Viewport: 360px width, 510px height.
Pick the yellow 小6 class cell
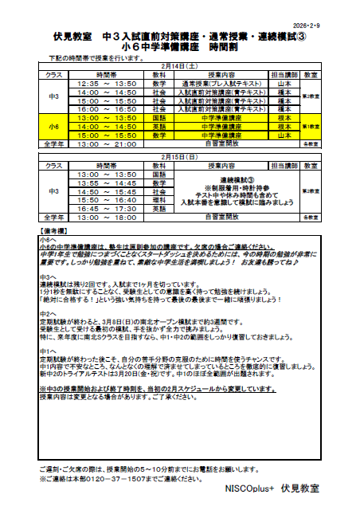[53, 127]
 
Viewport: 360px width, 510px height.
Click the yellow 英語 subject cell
[158, 127]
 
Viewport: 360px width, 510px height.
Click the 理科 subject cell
[158, 200]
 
